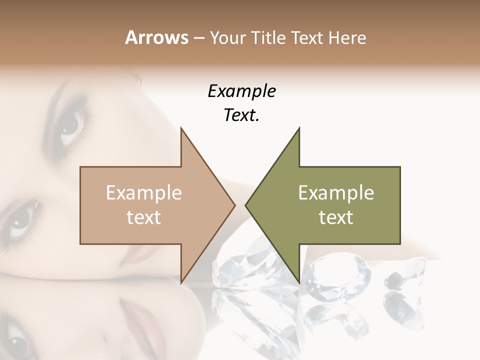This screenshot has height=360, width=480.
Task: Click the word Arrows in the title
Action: [x=156, y=37]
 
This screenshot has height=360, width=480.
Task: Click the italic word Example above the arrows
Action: [x=241, y=91]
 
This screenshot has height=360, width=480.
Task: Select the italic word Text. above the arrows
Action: [x=241, y=115]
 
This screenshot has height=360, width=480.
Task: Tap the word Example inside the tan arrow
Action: [x=143, y=193]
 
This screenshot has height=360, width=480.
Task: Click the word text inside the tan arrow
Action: [x=143, y=217]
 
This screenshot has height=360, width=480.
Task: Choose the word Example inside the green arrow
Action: [x=336, y=193]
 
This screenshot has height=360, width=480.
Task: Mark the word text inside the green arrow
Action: [x=336, y=217]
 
